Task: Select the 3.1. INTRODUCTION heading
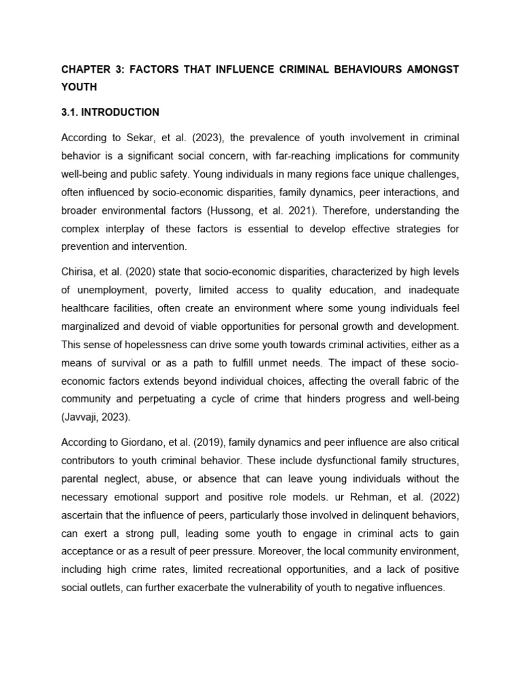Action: pyautogui.click(x=110, y=112)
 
